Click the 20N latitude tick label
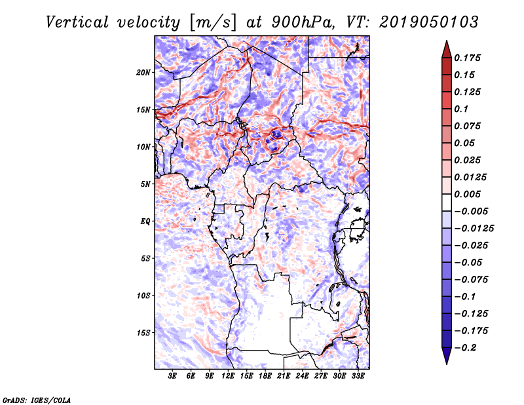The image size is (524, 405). [143, 72]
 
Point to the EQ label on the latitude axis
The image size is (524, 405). [145, 221]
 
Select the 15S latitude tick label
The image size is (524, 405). [143, 332]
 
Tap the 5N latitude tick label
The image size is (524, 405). [145, 183]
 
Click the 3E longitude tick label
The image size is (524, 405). [173, 376]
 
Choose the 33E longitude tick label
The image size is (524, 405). [358, 376]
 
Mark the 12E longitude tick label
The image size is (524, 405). [229, 376]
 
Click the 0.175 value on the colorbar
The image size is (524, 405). [468, 58]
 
